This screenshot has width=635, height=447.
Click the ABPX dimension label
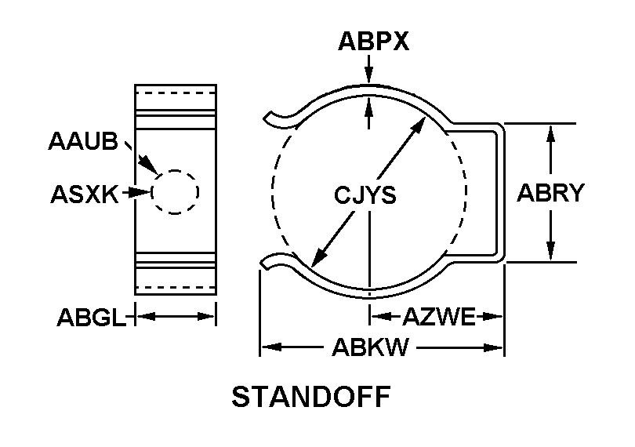[373, 42]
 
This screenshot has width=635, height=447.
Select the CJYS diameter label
[365, 195]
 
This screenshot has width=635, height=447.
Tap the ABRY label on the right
[551, 192]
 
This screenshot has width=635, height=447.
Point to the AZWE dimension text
[439, 317]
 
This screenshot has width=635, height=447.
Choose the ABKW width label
[370, 347]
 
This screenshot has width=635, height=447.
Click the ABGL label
[91, 318]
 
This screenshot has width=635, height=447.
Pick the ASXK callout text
[85, 194]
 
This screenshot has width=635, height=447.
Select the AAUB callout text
[83, 141]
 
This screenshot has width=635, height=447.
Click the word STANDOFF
[311, 397]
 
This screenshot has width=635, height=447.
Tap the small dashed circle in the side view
[175, 170]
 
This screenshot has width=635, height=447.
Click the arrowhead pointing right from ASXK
[142, 192]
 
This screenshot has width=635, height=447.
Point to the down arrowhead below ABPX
[368, 76]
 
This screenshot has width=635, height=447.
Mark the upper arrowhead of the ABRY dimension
[550, 134]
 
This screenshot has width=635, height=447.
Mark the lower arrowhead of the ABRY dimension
[550, 251]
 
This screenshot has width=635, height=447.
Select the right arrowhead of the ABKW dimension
[493, 347]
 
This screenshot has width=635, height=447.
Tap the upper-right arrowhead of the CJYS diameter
[418, 125]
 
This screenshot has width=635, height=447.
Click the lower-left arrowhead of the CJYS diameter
[320, 258]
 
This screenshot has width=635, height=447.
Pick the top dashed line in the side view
[176, 93]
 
